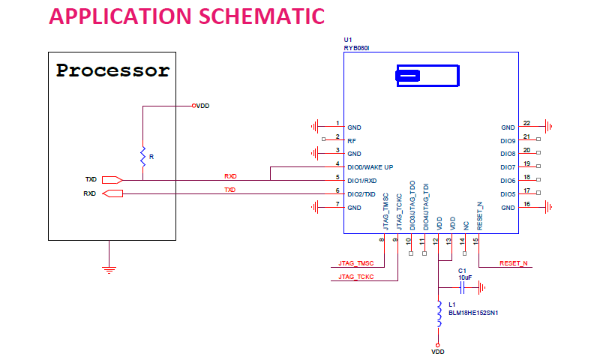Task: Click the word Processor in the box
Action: tap(113, 71)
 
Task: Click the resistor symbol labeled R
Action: tap(142, 156)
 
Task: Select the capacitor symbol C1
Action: tap(463, 286)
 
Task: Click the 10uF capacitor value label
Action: tap(465, 277)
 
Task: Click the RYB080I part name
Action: tap(358, 46)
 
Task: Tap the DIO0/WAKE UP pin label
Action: tap(370, 167)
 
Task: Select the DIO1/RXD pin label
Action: tap(362, 181)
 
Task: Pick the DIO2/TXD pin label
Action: tap(362, 194)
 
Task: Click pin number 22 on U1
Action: tap(527, 123)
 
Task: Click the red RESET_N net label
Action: tap(514, 263)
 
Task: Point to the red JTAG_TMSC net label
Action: tap(356, 263)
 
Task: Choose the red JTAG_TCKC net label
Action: tap(356, 277)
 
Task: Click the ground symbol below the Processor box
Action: tap(109, 268)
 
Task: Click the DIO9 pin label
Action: tap(508, 141)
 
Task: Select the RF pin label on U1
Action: tap(351, 140)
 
